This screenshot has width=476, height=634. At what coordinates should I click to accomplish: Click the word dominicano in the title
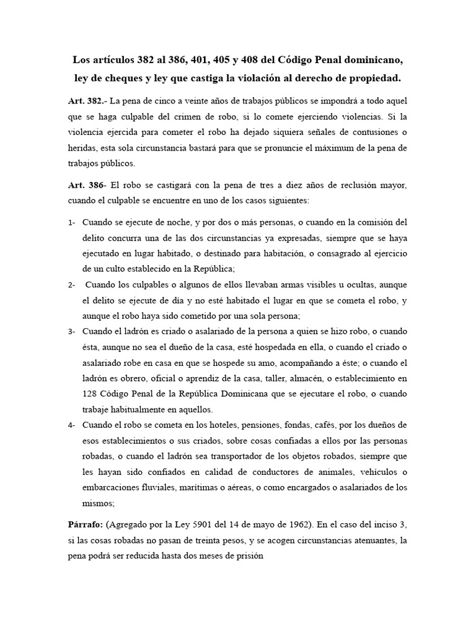click(369, 61)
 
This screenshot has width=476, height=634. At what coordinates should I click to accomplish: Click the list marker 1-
click(72, 222)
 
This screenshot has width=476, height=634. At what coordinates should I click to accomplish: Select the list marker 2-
click(72, 285)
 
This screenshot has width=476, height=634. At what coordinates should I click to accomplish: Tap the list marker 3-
click(72, 331)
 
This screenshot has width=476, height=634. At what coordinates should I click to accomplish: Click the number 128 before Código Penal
click(90, 394)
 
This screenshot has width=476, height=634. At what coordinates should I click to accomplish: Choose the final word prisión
click(249, 555)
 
